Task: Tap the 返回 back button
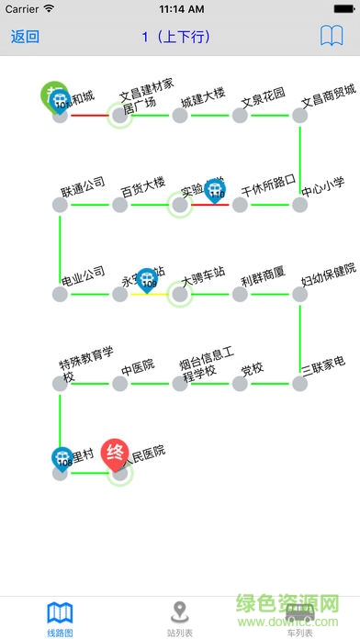tap(25, 37)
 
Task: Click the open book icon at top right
tap(332, 37)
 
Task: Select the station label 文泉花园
tap(264, 95)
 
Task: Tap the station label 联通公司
tap(83, 189)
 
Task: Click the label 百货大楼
tap(143, 189)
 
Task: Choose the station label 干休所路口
tap(267, 187)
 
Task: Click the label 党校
tap(253, 369)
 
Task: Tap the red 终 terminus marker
tap(116, 453)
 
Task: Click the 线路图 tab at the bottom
tap(60, 617)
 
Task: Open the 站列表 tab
tap(180, 617)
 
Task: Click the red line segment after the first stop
tap(89, 115)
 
